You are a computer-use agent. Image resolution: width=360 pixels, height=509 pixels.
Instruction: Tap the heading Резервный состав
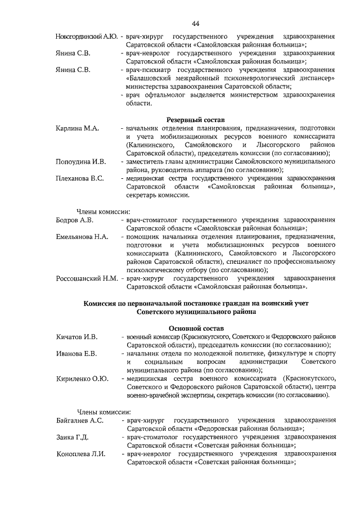(x=196, y=120)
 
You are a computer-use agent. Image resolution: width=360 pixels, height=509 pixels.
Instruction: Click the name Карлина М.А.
(x=78, y=129)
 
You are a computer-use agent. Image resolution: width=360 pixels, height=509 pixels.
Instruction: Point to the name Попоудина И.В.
(x=81, y=162)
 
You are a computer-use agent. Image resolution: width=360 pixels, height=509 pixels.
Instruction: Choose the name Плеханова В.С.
(x=80, y=179)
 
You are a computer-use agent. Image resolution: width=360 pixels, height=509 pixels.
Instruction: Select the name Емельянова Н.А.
(x=82, y=237)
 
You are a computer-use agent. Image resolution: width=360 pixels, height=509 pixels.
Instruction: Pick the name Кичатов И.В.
(x=77, y=337)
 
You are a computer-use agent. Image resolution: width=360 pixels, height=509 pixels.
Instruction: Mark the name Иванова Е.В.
(x=76, y=353)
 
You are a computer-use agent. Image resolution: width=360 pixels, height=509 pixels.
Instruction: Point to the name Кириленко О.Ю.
(x=82, y=379)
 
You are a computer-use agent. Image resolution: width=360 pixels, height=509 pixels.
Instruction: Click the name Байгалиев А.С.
(x=80, y=420)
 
